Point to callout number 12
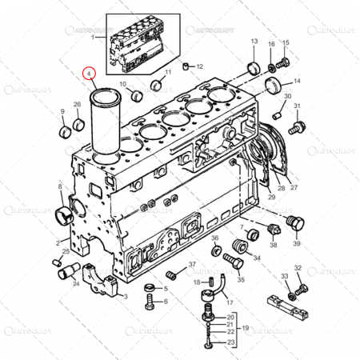(x=199, y=66)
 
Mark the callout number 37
(x=192, y=265)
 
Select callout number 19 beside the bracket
(x=246, y=328)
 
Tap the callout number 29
(x=249, y=196)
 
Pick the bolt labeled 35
(x=231, y=259)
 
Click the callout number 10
(x=123, y=83)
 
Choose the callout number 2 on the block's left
(x=58, y=241)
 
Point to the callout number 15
(x=286, y=41)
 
